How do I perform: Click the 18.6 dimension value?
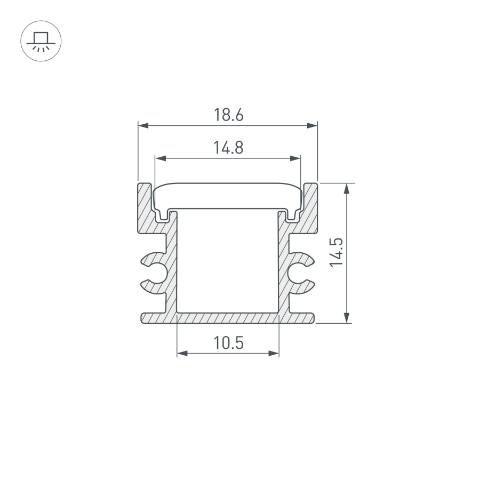[x=228, y=115]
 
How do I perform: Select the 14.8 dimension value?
[x=228, y=147]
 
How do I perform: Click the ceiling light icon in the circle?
[x=41, y=41]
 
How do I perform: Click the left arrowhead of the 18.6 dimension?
[x=142, y=126]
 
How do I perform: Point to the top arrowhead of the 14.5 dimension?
[x=348, y=188]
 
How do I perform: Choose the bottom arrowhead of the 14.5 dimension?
[x=348, y=318]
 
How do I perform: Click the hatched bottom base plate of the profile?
[x=228, y=318]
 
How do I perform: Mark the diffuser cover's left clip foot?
[x=163, y=217]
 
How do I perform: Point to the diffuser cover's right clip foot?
[x=292, y=217]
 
